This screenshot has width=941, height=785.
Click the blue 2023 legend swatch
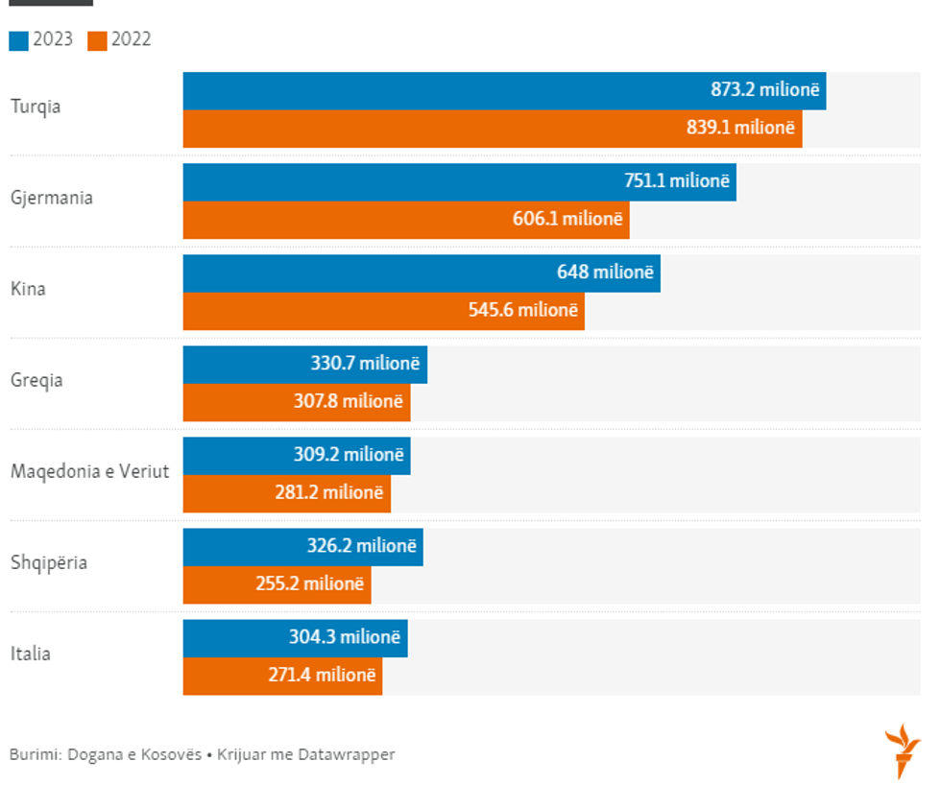[19, 40]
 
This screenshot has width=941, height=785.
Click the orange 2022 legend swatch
[97, 40]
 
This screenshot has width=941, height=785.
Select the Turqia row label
[36, 107]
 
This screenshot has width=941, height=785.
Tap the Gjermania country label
[52, 198]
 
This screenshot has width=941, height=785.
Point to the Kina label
[28, 289]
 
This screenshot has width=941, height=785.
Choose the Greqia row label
[36, 380]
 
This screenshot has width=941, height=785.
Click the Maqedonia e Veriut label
[89, 471]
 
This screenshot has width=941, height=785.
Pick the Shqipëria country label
[49, 562]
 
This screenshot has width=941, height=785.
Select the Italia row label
[31, 654]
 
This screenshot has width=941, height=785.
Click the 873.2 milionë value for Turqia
[765, 90]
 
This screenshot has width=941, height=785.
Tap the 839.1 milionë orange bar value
[740, 128]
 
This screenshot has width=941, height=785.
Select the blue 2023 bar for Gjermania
[459, 181]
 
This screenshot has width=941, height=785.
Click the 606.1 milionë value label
[567, 219]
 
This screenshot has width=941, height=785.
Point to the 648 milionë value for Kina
[605, 273]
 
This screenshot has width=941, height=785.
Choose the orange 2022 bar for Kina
[383, 311]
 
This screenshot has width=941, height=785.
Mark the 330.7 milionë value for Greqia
[365, 364]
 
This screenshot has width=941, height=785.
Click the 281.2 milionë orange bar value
[328, 493]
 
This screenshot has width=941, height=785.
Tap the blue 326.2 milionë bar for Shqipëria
[302, 546]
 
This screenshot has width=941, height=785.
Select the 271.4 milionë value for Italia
[322, 676]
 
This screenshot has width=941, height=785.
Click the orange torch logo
[903, 750]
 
